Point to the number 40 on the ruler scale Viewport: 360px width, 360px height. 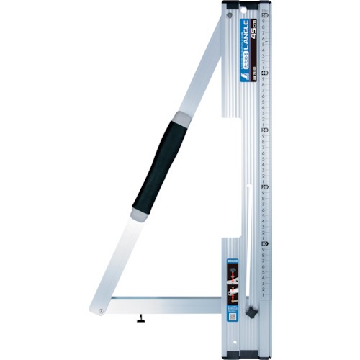(x=265, y=72)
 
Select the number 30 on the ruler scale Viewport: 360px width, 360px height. (x=265, y=130)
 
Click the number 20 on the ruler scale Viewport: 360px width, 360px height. (x=265, y=186)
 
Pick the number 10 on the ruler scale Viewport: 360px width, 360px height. (x=265, y=243)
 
